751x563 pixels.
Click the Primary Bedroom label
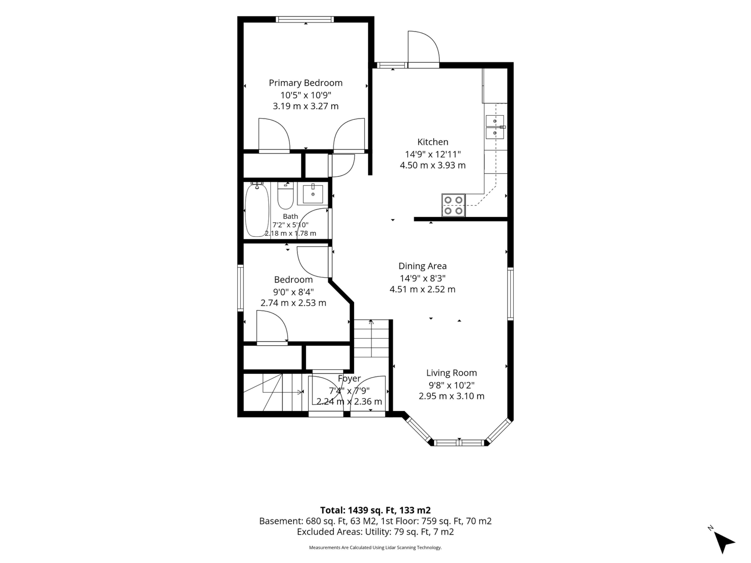[x=305, y=83]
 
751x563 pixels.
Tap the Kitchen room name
[x=433, y=142]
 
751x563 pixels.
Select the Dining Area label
[x=422, y=266]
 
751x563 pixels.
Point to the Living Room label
[x=452, y=373]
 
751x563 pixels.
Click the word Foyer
[x=349, y=378]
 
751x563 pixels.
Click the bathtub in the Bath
[x=257, y=210]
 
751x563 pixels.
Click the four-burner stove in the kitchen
[x=454, y=205]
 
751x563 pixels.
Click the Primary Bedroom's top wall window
[x=305, y=19]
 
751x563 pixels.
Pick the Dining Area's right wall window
[x=510, y=294]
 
